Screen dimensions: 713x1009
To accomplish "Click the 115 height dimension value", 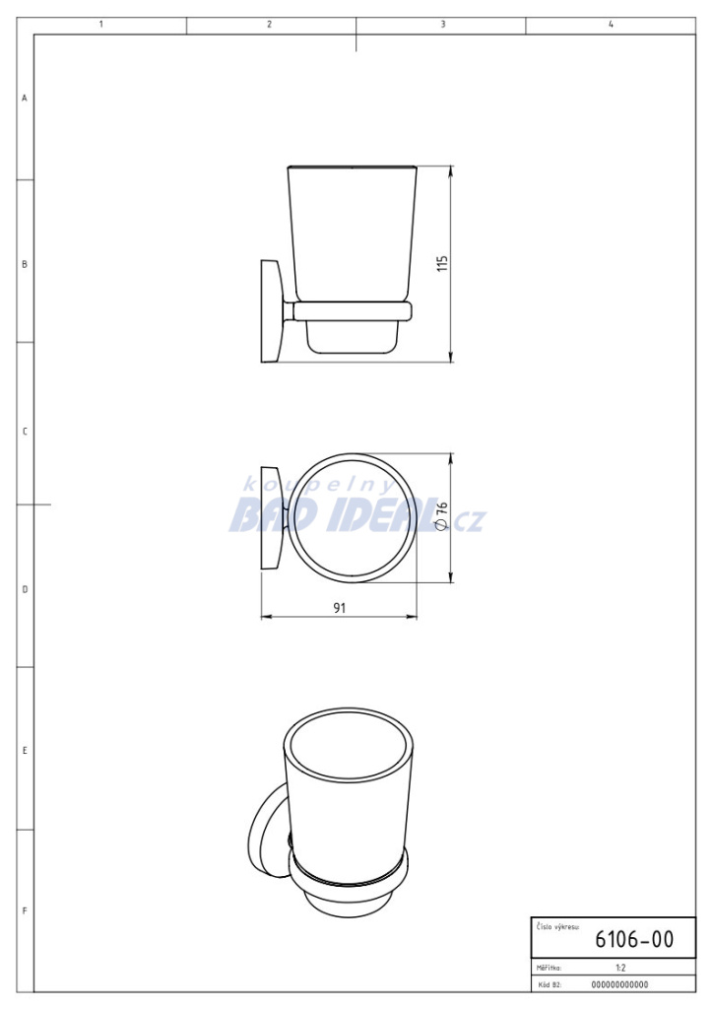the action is [442, 264].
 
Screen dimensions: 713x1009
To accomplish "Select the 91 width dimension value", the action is [340, 608].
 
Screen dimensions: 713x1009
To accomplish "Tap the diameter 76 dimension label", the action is [441, 516].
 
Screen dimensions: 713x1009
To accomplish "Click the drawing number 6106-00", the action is [634, 939].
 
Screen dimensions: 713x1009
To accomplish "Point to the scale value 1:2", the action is [620, 968].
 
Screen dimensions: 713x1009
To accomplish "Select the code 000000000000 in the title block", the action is [619, 984].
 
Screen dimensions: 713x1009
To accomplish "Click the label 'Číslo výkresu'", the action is [557, 927].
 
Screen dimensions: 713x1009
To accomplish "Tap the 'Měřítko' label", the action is [550, 968].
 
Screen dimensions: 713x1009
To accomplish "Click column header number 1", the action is [100, 25].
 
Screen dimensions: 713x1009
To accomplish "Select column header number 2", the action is [270, 25].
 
